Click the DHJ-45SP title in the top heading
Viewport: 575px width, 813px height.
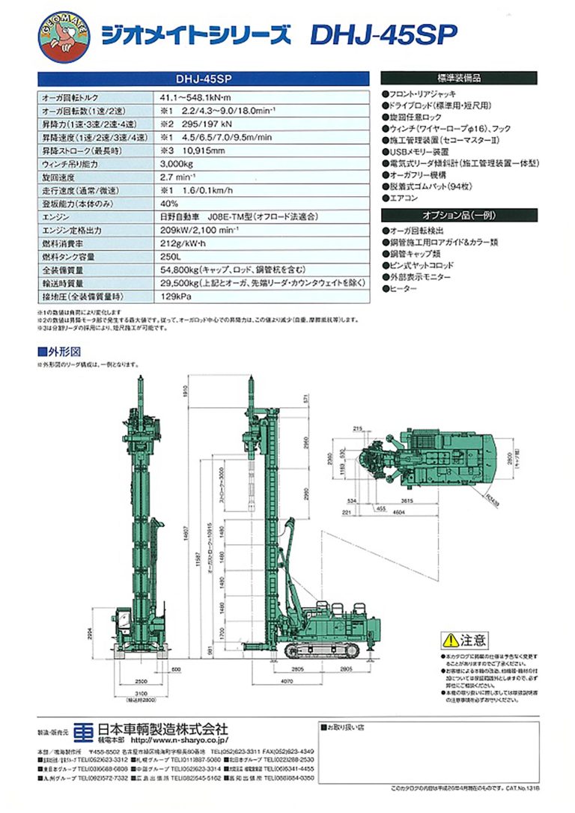point(383,34)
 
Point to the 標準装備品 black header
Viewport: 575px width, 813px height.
point(458,78)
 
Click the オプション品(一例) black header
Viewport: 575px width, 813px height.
point(458,214)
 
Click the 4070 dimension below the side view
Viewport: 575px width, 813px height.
point(303,682)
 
